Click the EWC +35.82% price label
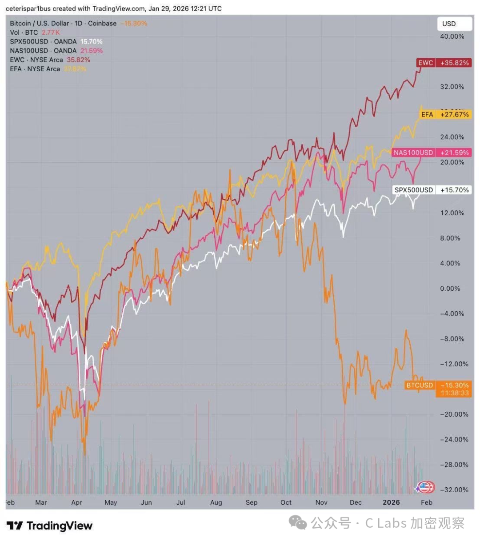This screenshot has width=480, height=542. point(443,63)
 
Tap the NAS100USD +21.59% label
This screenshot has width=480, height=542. point(431,153)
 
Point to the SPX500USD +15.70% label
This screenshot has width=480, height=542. point(432,190)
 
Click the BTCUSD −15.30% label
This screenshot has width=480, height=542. point(438,385)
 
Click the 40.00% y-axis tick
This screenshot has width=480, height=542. point(452,36)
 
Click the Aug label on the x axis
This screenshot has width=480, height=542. point(216,502)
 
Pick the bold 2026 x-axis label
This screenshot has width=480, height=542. point(392,502)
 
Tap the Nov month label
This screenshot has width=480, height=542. point(321,502)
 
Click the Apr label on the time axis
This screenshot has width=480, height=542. point(76,502)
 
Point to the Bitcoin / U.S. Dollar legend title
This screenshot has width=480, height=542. point(63,23)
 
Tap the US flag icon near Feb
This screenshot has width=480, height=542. point(426,487)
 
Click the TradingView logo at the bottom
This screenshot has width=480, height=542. point(50,526)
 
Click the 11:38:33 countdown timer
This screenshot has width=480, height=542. point(455,393)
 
